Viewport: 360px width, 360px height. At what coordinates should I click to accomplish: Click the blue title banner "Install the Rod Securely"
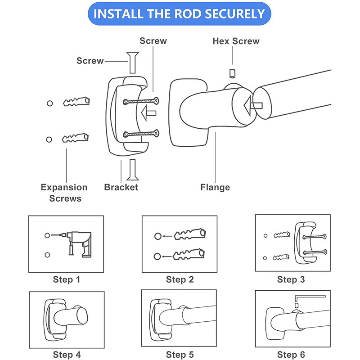(180, 13)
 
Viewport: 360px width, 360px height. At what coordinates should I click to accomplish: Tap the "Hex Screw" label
(236, 41)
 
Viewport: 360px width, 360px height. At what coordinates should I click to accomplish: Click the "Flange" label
(215, 187)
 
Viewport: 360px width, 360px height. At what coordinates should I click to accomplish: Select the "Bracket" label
(121, 187)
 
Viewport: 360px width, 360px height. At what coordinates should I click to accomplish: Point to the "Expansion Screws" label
(64, 192)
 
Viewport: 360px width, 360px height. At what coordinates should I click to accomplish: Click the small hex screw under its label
(233, 73)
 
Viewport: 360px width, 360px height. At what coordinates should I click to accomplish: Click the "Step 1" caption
(66, 279)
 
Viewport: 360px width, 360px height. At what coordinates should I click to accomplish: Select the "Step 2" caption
(180, 279)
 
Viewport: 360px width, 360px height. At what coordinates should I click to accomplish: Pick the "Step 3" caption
(291, 279)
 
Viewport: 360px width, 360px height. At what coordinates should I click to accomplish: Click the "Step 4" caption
(66, 355)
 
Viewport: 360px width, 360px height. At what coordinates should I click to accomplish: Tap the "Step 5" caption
(180, 355)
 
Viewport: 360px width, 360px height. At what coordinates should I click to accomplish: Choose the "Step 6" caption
(291, 355)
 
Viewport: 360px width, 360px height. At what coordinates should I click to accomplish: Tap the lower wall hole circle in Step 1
(47, 255)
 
